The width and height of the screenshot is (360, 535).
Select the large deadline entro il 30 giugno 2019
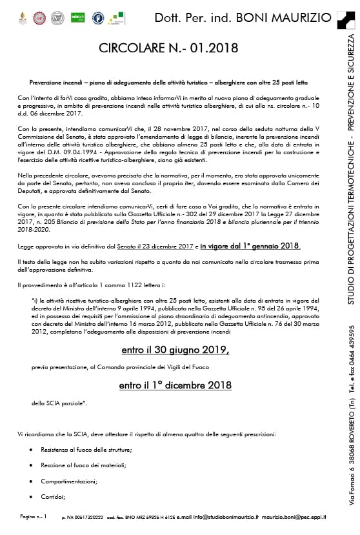(x=175, y=350)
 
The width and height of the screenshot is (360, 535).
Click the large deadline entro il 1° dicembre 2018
(x=175, y=385)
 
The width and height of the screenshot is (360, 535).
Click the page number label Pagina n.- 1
(x=34, y=517)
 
